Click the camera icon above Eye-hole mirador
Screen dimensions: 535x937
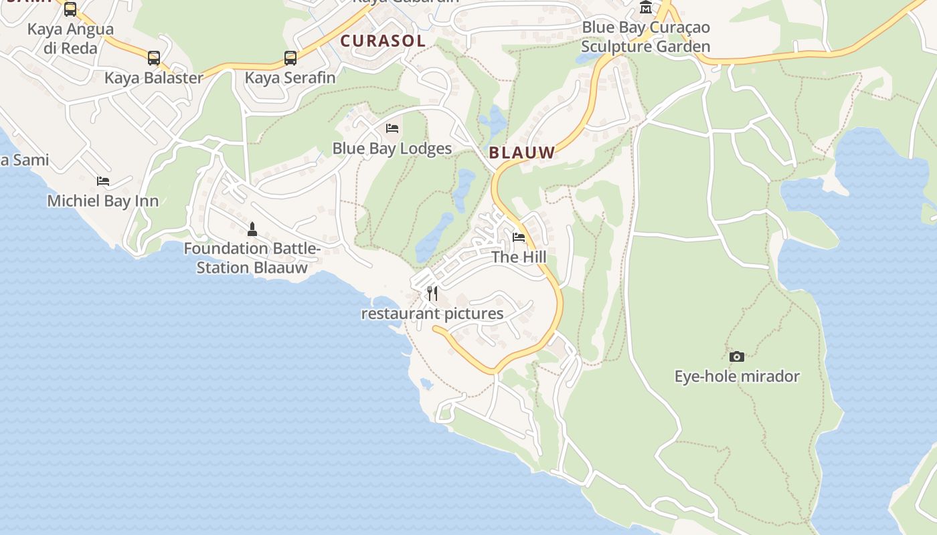[x=736, y=356]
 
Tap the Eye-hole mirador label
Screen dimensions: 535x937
[x=737, y=377]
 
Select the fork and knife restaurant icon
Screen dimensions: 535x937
[x=432, y=294]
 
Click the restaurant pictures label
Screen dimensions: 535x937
[x=432, y=314]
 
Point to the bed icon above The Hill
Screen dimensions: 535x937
[x=519, y=237]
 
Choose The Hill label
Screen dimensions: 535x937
[x=519, y=257]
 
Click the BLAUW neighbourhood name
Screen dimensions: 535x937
[x=522, y=152]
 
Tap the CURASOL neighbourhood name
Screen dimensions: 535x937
[x=383, y=41]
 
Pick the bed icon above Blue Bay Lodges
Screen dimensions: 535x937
[x=392, y=128]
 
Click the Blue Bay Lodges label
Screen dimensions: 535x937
[x=392, y=148]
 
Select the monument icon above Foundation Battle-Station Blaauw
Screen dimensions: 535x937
[x=252, y=229]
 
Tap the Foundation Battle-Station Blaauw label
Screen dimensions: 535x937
[x=252, y=258]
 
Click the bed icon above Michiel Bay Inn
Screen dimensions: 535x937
[x=103, y=181]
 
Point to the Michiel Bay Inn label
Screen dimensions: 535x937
[x=103, y=201]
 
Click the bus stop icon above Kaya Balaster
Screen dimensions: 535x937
[x=154, y=58]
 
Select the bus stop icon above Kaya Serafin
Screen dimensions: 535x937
[x=290, y=58]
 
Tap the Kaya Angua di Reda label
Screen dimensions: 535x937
[x=70, y=39]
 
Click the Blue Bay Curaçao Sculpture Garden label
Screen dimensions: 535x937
[x=645, y=37]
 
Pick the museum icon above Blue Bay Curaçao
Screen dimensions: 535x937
[x=645, y=7]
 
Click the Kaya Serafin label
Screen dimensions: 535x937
[x=290, y=78]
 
